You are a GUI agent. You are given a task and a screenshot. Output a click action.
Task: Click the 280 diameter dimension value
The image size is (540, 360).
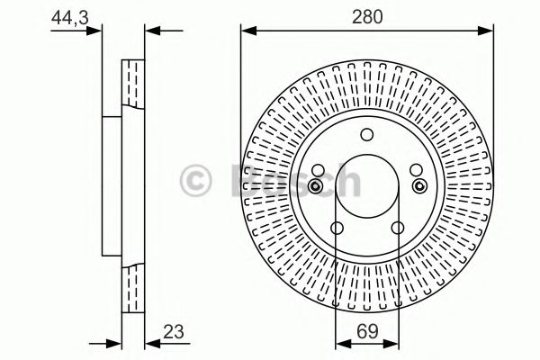coord(367,15)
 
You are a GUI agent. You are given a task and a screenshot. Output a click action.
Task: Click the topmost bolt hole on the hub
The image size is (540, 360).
coord(366,135)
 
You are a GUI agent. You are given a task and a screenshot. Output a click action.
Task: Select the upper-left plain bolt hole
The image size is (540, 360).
coord(319,169)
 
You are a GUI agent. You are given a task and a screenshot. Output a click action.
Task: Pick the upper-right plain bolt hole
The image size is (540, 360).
coord(415,169)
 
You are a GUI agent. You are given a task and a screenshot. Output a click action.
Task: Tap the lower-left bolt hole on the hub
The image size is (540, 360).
coord(337,228)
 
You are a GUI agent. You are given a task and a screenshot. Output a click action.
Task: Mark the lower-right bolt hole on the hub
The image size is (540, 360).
coord(397,228)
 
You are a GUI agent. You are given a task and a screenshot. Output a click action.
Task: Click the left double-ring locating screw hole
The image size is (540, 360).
coord(315,185)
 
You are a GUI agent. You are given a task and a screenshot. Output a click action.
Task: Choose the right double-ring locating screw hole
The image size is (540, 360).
coord(418,185)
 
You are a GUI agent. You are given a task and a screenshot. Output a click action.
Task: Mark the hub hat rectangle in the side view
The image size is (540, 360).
coord(113,186)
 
